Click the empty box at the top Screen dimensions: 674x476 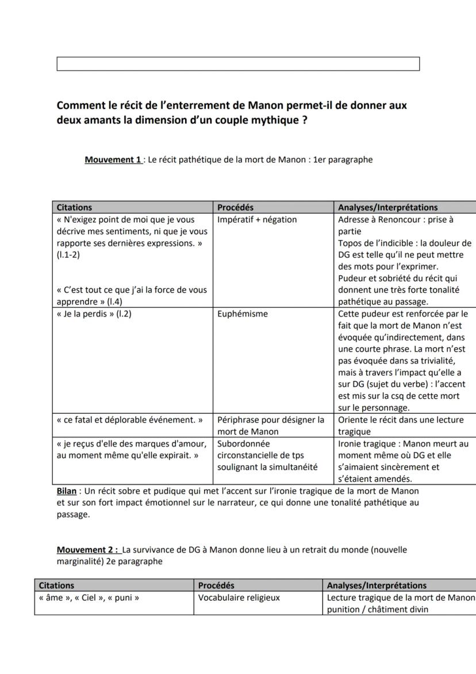pos(238,64)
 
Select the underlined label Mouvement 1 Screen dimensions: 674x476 pos(113,159)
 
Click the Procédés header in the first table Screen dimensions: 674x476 pos(235,207)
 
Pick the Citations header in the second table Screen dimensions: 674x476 pos(56,585)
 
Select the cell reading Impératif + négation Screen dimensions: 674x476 pos(257,219)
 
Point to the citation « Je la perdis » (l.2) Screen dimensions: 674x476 pos(94,314)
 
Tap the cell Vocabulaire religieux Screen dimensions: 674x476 pos(239,597)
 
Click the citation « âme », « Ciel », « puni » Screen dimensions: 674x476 pos(89,597)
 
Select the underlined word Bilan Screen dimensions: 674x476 pos(67,491)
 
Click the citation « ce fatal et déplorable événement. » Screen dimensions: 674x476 pos(129,420)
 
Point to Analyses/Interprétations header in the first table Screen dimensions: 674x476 pos(387,207)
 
